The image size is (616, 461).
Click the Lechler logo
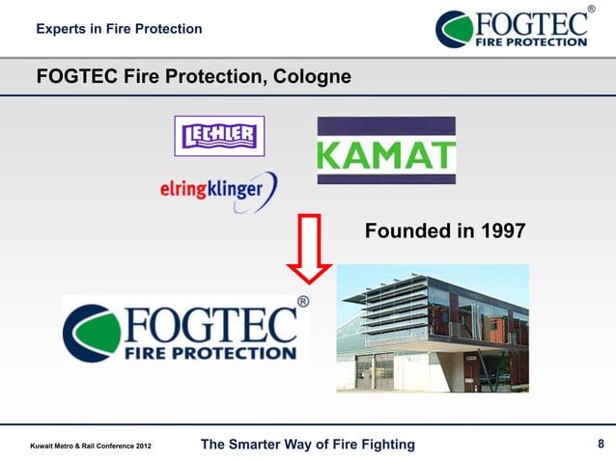pos(218,135)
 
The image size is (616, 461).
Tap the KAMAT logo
pos(386,150)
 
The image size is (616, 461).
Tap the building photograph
pos(433,328)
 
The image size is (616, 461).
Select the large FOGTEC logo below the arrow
pos(186,329)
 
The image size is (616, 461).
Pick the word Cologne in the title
pos(305,76)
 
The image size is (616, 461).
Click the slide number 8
pos(601,444)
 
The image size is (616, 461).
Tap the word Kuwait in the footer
pos(44,446)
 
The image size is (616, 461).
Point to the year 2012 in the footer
pos(139,446)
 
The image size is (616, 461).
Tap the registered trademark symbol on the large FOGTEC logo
pos(302,302)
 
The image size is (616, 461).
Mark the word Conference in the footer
pos(108,446)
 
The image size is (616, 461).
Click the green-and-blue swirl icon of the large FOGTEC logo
pos(90,331)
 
